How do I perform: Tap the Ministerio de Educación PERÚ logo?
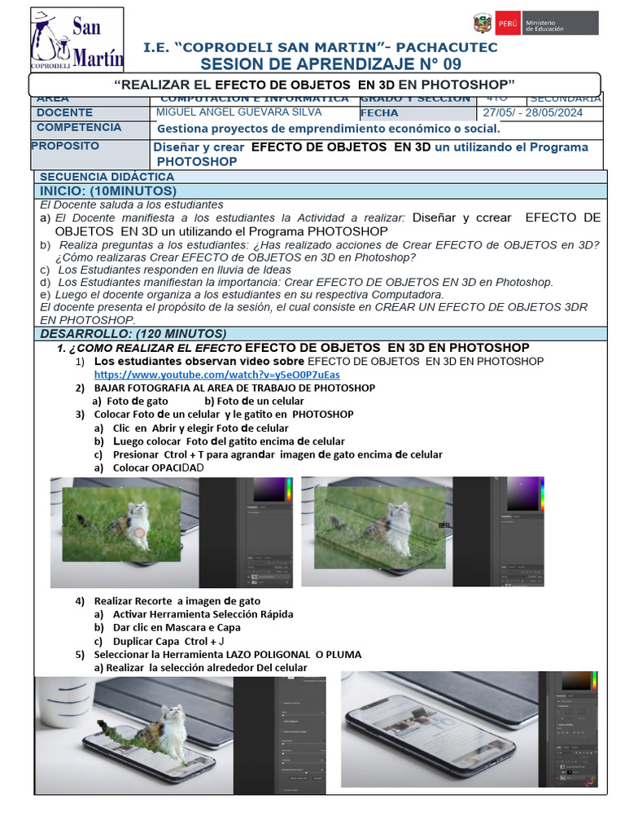534,23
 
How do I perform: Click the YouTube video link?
216,375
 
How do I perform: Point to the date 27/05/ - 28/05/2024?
532,113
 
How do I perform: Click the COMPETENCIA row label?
79,128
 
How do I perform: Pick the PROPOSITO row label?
65,146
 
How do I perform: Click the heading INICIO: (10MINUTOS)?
108,191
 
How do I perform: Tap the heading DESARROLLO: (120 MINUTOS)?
133,334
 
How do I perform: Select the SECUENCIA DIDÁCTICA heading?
97,177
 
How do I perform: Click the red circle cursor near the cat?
139,533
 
